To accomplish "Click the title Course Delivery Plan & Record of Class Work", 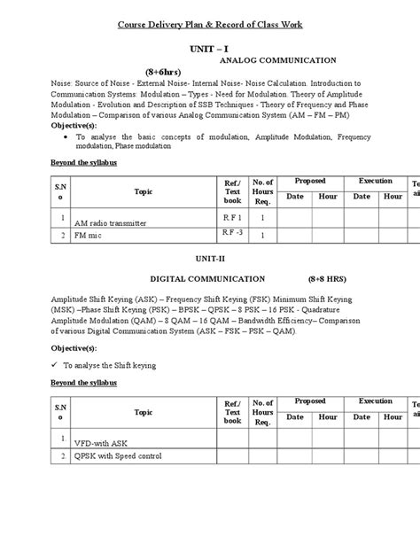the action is [210, 24].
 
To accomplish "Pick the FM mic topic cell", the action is [90, 237].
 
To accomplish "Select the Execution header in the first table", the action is [375, 181].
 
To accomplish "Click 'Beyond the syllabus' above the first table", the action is [78, 162].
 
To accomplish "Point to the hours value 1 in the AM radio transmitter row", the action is [262, 217].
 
